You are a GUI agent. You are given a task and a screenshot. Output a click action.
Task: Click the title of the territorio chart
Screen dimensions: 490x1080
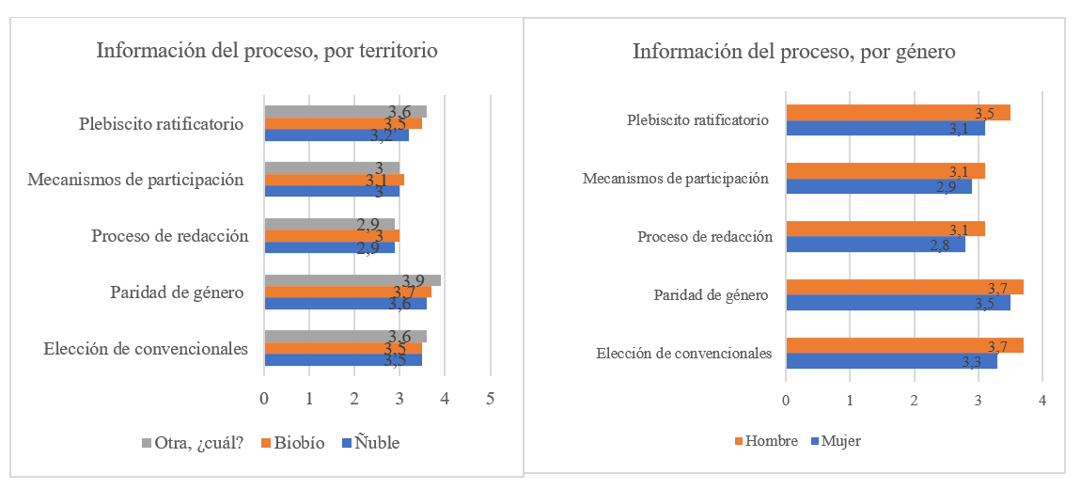266,51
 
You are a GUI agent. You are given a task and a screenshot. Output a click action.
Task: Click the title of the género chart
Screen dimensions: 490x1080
793,52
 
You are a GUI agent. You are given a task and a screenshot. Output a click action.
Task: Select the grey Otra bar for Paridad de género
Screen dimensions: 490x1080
352,280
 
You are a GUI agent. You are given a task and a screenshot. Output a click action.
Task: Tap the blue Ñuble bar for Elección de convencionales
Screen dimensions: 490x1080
342,359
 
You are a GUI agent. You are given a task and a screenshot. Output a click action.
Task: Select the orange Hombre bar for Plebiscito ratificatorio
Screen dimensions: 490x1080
898,113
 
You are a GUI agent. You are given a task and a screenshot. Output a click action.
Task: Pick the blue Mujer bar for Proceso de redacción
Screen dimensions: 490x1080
874,245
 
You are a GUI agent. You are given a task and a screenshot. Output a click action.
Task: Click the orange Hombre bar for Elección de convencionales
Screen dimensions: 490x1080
904,346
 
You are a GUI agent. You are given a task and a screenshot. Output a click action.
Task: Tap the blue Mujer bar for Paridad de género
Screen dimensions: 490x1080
898,303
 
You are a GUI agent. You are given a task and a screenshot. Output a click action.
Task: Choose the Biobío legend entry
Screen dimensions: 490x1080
294,443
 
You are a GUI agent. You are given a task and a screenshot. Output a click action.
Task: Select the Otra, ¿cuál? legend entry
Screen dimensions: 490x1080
193,443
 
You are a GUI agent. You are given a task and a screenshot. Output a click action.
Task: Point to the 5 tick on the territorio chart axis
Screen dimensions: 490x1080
490,399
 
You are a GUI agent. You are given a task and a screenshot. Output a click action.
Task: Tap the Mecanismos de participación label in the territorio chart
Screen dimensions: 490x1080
136,180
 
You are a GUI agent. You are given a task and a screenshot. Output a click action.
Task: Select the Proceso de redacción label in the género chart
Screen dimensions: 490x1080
704,237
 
